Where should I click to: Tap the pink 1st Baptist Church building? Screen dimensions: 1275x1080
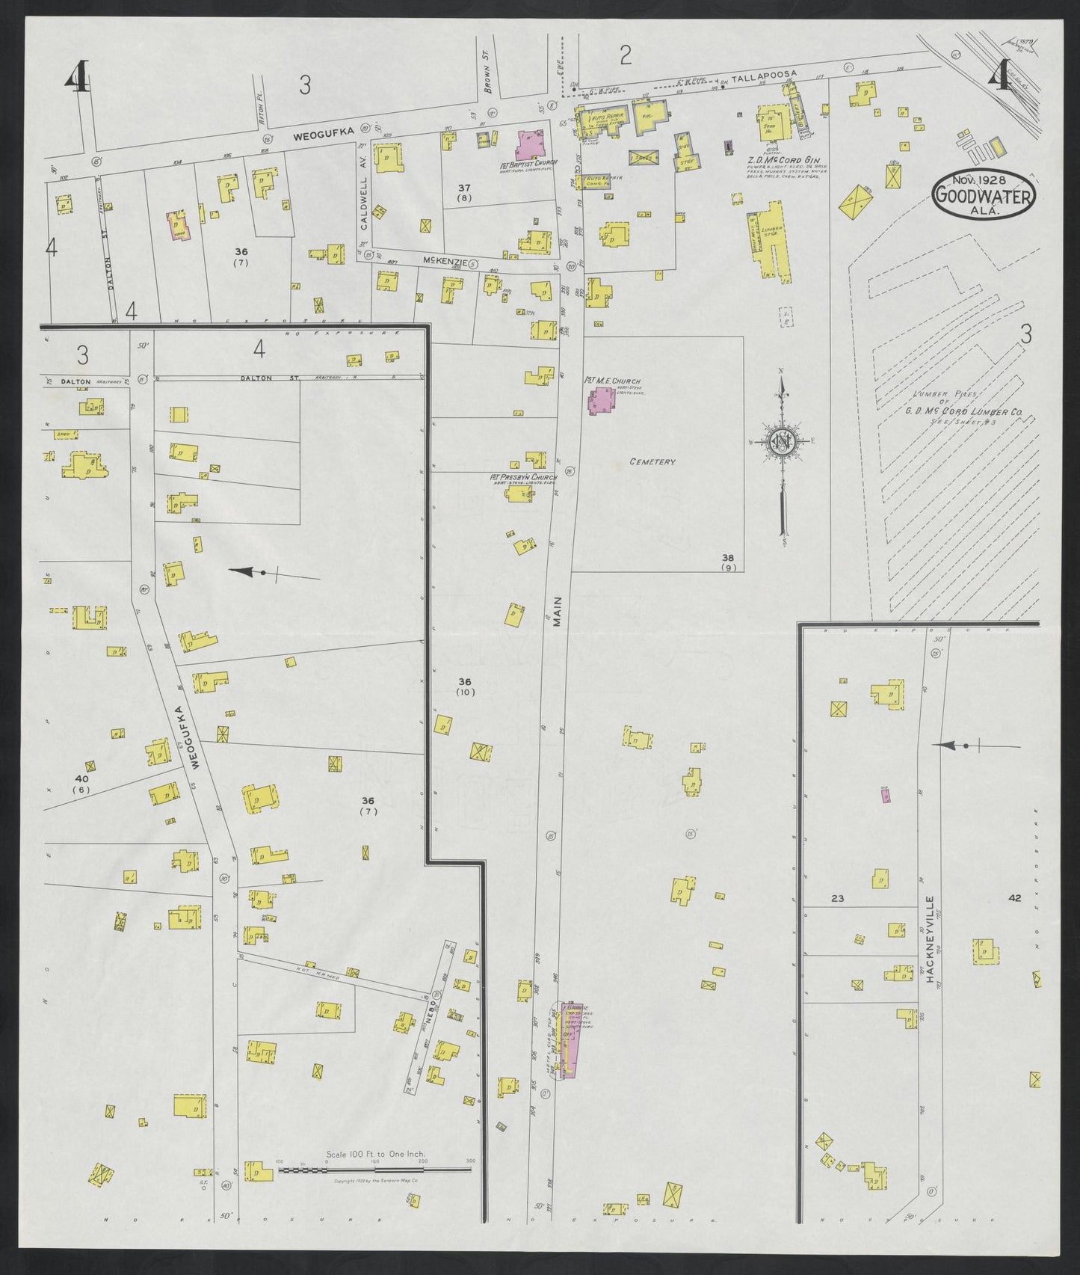[530, 141]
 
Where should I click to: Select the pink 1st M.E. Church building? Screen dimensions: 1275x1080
[600, 401]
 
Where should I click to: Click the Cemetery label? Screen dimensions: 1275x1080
[652, 462]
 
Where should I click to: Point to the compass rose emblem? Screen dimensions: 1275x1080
[782, 443]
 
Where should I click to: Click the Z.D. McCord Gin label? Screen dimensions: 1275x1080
[783, 159]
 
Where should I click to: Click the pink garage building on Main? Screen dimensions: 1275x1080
[572, 1039]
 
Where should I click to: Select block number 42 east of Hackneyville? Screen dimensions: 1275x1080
[1013, 898]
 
